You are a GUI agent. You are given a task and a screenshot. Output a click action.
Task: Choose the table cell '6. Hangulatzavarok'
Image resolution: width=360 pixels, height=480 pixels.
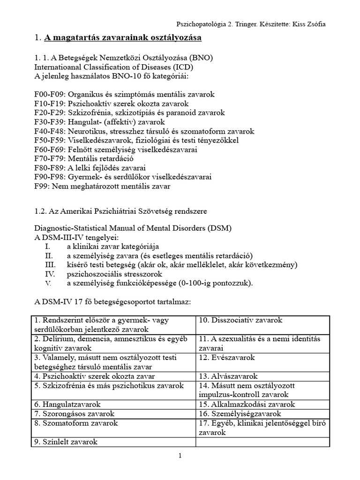click(x=67, y=404)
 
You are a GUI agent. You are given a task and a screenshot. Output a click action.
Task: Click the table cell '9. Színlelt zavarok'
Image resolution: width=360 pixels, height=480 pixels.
click(x=65, y=442)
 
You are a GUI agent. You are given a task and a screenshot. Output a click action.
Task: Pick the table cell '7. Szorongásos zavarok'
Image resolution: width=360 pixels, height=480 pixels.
click(x=74, y=413)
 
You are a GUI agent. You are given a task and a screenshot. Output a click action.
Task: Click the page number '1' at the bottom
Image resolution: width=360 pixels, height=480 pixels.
click(x=180, y=455)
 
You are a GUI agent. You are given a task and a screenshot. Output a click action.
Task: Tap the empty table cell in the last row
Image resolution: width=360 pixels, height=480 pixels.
click(x=262, y=442)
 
